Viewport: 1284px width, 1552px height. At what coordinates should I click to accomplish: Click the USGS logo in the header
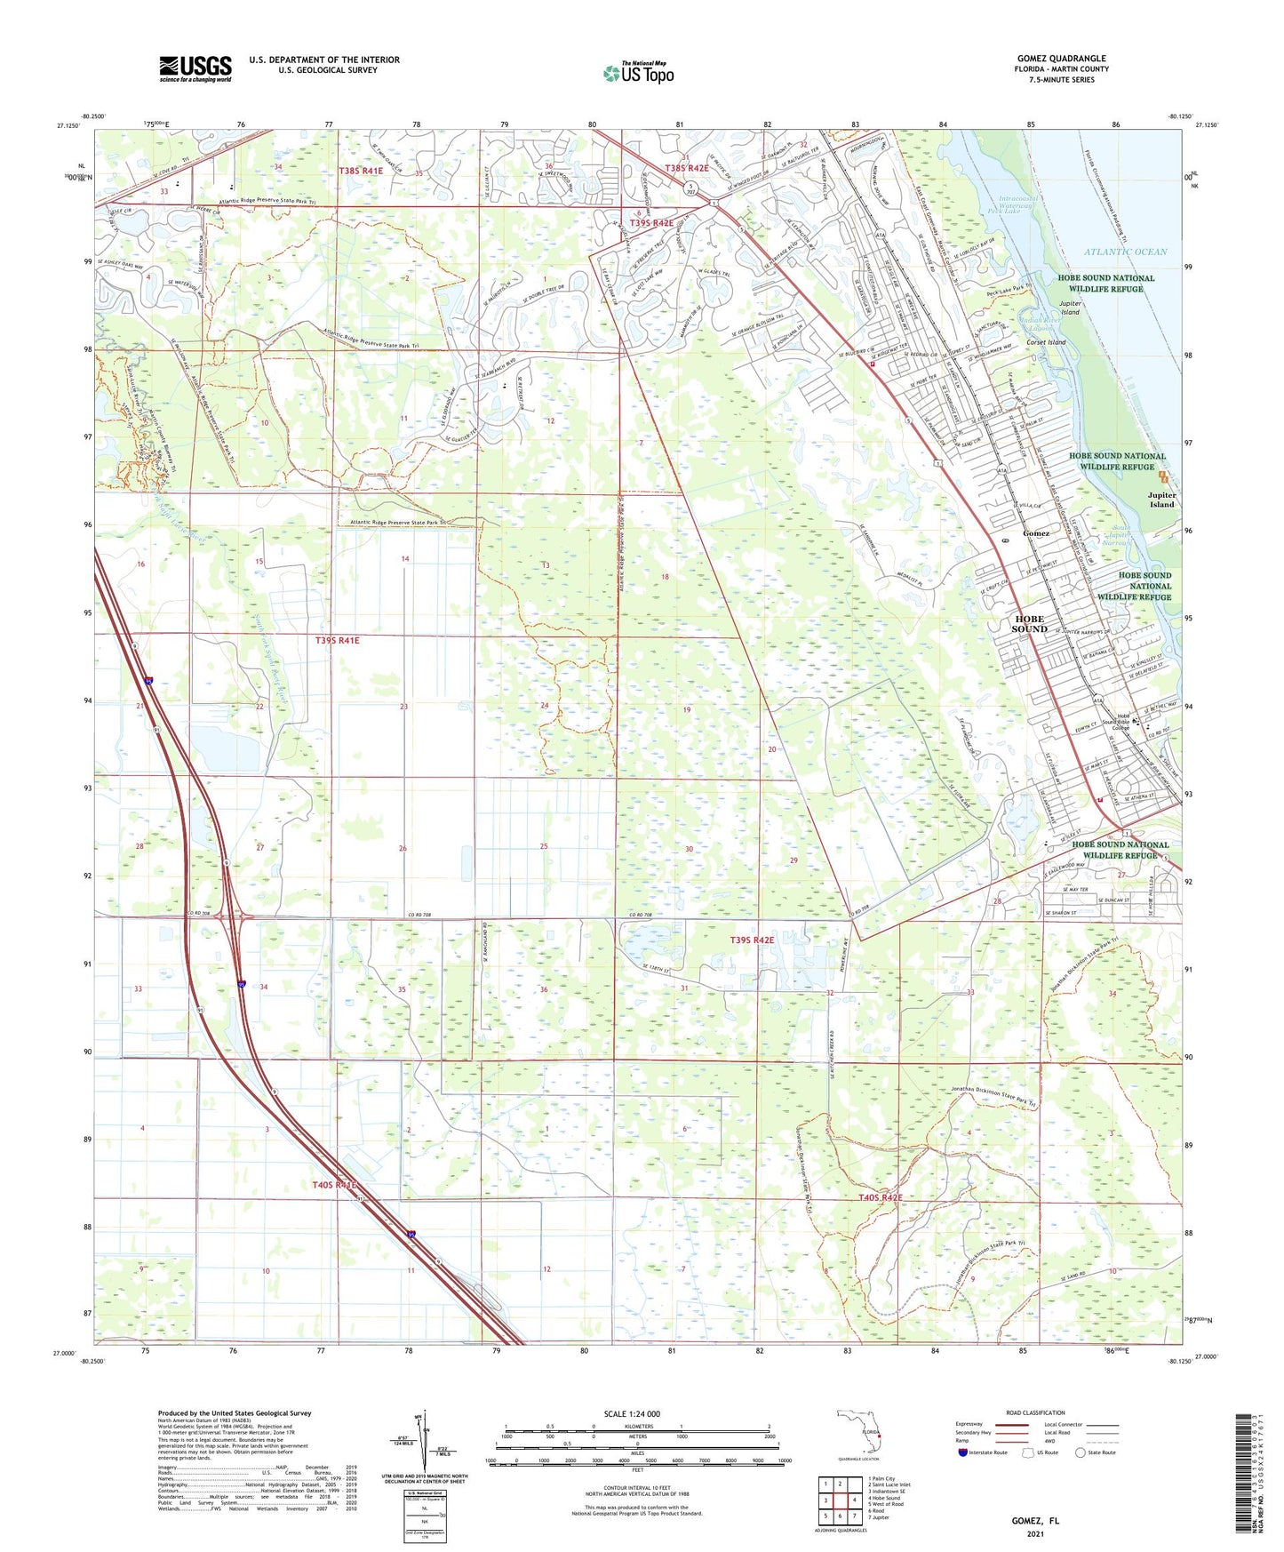195,68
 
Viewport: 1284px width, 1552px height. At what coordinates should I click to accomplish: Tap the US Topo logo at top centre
638,73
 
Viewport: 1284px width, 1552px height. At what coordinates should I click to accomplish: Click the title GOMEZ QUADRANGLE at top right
1061,58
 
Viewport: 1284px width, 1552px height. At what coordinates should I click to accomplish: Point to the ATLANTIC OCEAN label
1125,252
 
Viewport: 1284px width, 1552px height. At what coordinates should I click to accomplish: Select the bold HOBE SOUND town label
1029,624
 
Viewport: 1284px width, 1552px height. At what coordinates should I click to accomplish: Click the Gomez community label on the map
1036,533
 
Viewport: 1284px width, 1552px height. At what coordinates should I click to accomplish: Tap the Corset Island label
1046,342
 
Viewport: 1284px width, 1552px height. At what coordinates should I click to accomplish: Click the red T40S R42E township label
880,1198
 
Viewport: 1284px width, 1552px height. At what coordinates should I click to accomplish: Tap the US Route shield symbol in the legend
1030,1452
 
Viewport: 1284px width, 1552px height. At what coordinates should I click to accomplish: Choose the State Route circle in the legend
1081,1452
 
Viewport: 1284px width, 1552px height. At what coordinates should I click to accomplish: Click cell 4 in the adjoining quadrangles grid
854,1500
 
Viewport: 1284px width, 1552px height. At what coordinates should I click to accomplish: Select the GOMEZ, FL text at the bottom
1035,1521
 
